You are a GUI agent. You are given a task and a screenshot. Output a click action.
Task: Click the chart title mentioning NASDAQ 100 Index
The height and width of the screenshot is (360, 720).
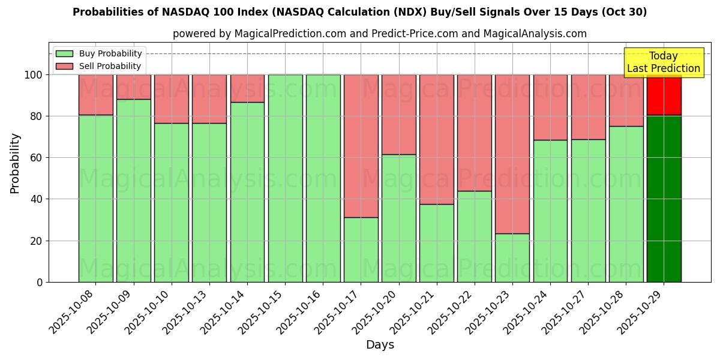(359, 12)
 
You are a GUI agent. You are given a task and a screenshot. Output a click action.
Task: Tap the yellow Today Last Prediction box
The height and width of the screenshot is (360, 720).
(664, 63)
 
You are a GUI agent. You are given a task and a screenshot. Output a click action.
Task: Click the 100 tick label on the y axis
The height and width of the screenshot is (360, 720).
(33, 75)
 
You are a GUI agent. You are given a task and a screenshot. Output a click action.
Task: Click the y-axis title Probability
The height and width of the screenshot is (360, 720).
(15, 163)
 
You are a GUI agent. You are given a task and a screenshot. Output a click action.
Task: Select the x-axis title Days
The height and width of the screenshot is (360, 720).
(380, 345)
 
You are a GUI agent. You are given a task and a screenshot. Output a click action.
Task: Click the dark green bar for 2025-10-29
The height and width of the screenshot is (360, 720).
(664, 198)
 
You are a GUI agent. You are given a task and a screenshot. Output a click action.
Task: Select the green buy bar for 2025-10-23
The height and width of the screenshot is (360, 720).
(512, 258)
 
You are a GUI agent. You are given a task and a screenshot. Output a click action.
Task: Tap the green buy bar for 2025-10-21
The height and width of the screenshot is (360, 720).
(437, 243)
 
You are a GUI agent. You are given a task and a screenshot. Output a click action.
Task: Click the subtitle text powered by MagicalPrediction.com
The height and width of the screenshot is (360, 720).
(380, 34)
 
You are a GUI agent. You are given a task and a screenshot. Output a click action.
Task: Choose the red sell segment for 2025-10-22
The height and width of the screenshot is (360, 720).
(475, 133)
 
